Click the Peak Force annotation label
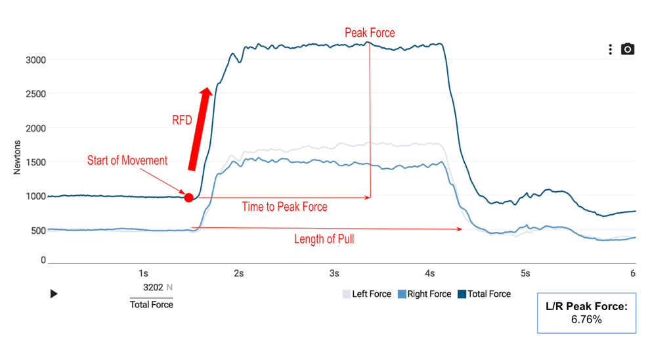pyautogui.click(x=370, y=33)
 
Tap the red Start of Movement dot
pyautogui.click(x=189, y=197)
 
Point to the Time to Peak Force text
pyautogui.click(x=284, y=207)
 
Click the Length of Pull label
pyautogui.click(x=324, y=239)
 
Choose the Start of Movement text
pyautogui.click(x=127, y=160)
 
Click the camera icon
pyautogui.click(x=628, y=49)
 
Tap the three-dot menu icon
pyautogui.click(x=611, y=49)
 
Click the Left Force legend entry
pyautogui.click(x=367, y=294)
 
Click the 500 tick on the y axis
pyautogui.click(x=38, y=230)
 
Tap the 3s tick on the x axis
pyautogui.click(x=334, y=273)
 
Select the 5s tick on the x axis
pyautogui.click(x=525, y=273)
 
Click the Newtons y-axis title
pyautogui.click(x=18, y=158)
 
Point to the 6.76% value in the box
pyautogui.click(x=586, y=319)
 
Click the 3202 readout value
pyautogui.click(x=153, y=287)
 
